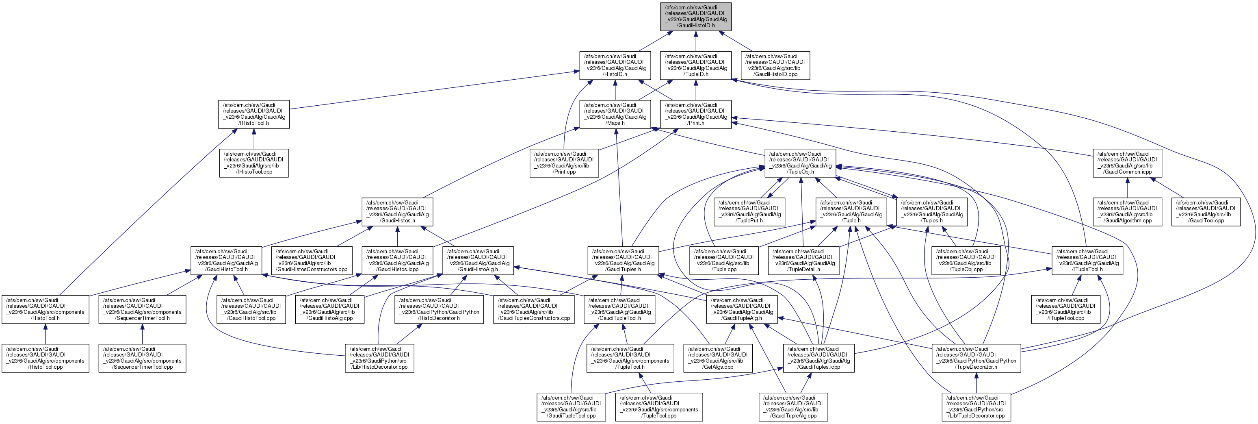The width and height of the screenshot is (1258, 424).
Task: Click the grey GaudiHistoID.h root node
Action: (695, 17)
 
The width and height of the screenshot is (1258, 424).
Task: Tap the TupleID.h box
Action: (695, 65)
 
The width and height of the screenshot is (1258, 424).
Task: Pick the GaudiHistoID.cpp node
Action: (775, 65)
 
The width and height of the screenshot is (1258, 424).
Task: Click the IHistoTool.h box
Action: (253, 114)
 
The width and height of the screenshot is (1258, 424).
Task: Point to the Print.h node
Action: (695, 114)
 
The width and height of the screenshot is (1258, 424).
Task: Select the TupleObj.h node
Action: (800, 163)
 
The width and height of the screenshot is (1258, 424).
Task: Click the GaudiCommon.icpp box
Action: (1127, 163)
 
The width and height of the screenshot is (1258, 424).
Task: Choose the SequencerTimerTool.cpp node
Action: (142, 359)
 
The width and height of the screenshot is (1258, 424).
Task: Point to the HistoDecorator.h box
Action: (439, 310)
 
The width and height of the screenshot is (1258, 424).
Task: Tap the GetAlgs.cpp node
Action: (717, 359)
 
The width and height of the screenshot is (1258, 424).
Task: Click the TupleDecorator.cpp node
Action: (976, 407)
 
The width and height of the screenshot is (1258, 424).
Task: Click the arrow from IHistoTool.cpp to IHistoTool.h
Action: (253, 139)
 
